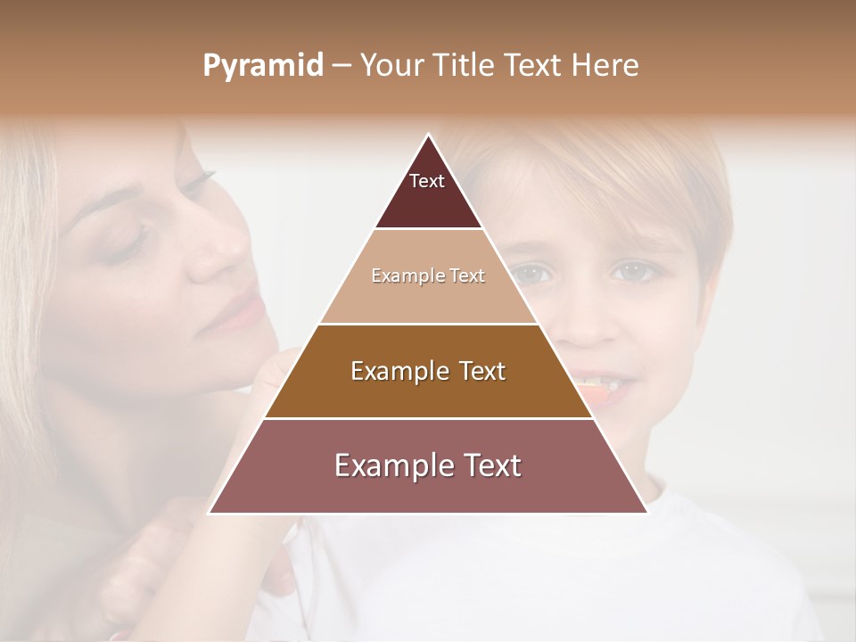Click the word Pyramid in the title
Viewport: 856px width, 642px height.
[x=262, y=66]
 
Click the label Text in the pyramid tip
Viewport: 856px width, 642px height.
[x=427, y=181]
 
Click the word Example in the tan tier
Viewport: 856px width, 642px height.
[x=403, y=276]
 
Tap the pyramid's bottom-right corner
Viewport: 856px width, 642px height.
[x=646, y=513]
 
